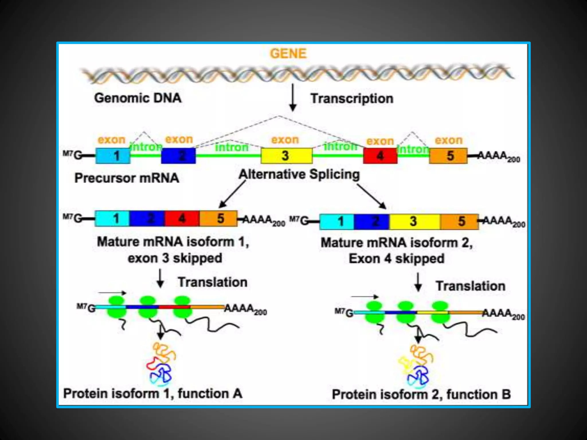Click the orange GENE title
pos(288,54)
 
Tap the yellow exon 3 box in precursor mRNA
pos(286,156)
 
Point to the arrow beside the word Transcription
pos(293,97)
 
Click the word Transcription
pos(352,99)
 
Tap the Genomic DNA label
pos(138,98)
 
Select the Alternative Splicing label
pos(299,174)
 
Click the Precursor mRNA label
pos(127,178)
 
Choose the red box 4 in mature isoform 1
pos(182,219)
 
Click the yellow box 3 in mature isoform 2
pos(414,221)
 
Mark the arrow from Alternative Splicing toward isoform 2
pos(371,196)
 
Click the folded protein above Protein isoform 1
pos(161,364)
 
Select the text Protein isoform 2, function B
pos(421,394)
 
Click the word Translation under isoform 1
pos(212,282)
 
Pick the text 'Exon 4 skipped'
pos(396,259)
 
